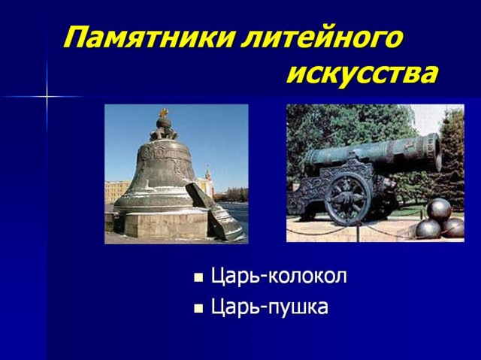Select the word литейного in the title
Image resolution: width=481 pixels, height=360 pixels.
pos(321,38)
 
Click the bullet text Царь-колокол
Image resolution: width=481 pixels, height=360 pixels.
pos(279,276)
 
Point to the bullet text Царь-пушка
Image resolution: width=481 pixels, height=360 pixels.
pos(270,307)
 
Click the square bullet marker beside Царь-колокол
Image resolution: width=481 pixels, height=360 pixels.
pos(198,277)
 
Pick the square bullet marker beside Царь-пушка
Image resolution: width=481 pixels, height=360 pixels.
pos(198,308)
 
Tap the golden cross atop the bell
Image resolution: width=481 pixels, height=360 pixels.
pos(164,113)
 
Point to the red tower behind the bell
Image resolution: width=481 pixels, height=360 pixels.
pos(209,181)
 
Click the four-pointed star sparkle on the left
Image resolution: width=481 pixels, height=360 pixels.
pos(47,97)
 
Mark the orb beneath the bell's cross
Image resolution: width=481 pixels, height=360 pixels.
pos(164,123)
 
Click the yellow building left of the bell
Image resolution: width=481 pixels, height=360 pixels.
pos(117,191)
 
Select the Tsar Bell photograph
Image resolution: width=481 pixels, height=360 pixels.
pos(177,174)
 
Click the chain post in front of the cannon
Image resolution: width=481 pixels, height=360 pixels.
pos(358,231)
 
